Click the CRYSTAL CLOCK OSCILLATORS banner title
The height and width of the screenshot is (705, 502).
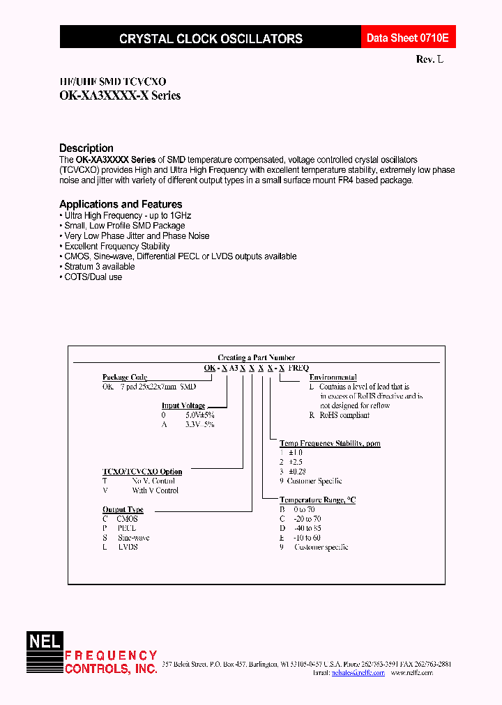211,39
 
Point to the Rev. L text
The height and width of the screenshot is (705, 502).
429,60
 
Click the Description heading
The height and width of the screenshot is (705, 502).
86,148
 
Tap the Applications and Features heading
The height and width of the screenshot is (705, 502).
121,204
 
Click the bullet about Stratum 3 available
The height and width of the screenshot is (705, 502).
100,267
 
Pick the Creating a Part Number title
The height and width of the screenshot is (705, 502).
257,357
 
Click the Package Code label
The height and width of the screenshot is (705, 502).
125,377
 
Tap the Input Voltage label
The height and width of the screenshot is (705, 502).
183,405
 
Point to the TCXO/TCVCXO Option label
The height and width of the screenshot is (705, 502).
142,472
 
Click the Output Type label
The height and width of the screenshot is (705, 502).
123,510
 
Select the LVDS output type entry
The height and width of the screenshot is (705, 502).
128,547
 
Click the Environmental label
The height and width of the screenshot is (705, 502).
332,377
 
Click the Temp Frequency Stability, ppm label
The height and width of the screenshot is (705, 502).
330,443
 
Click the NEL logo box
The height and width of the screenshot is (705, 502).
45,640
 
